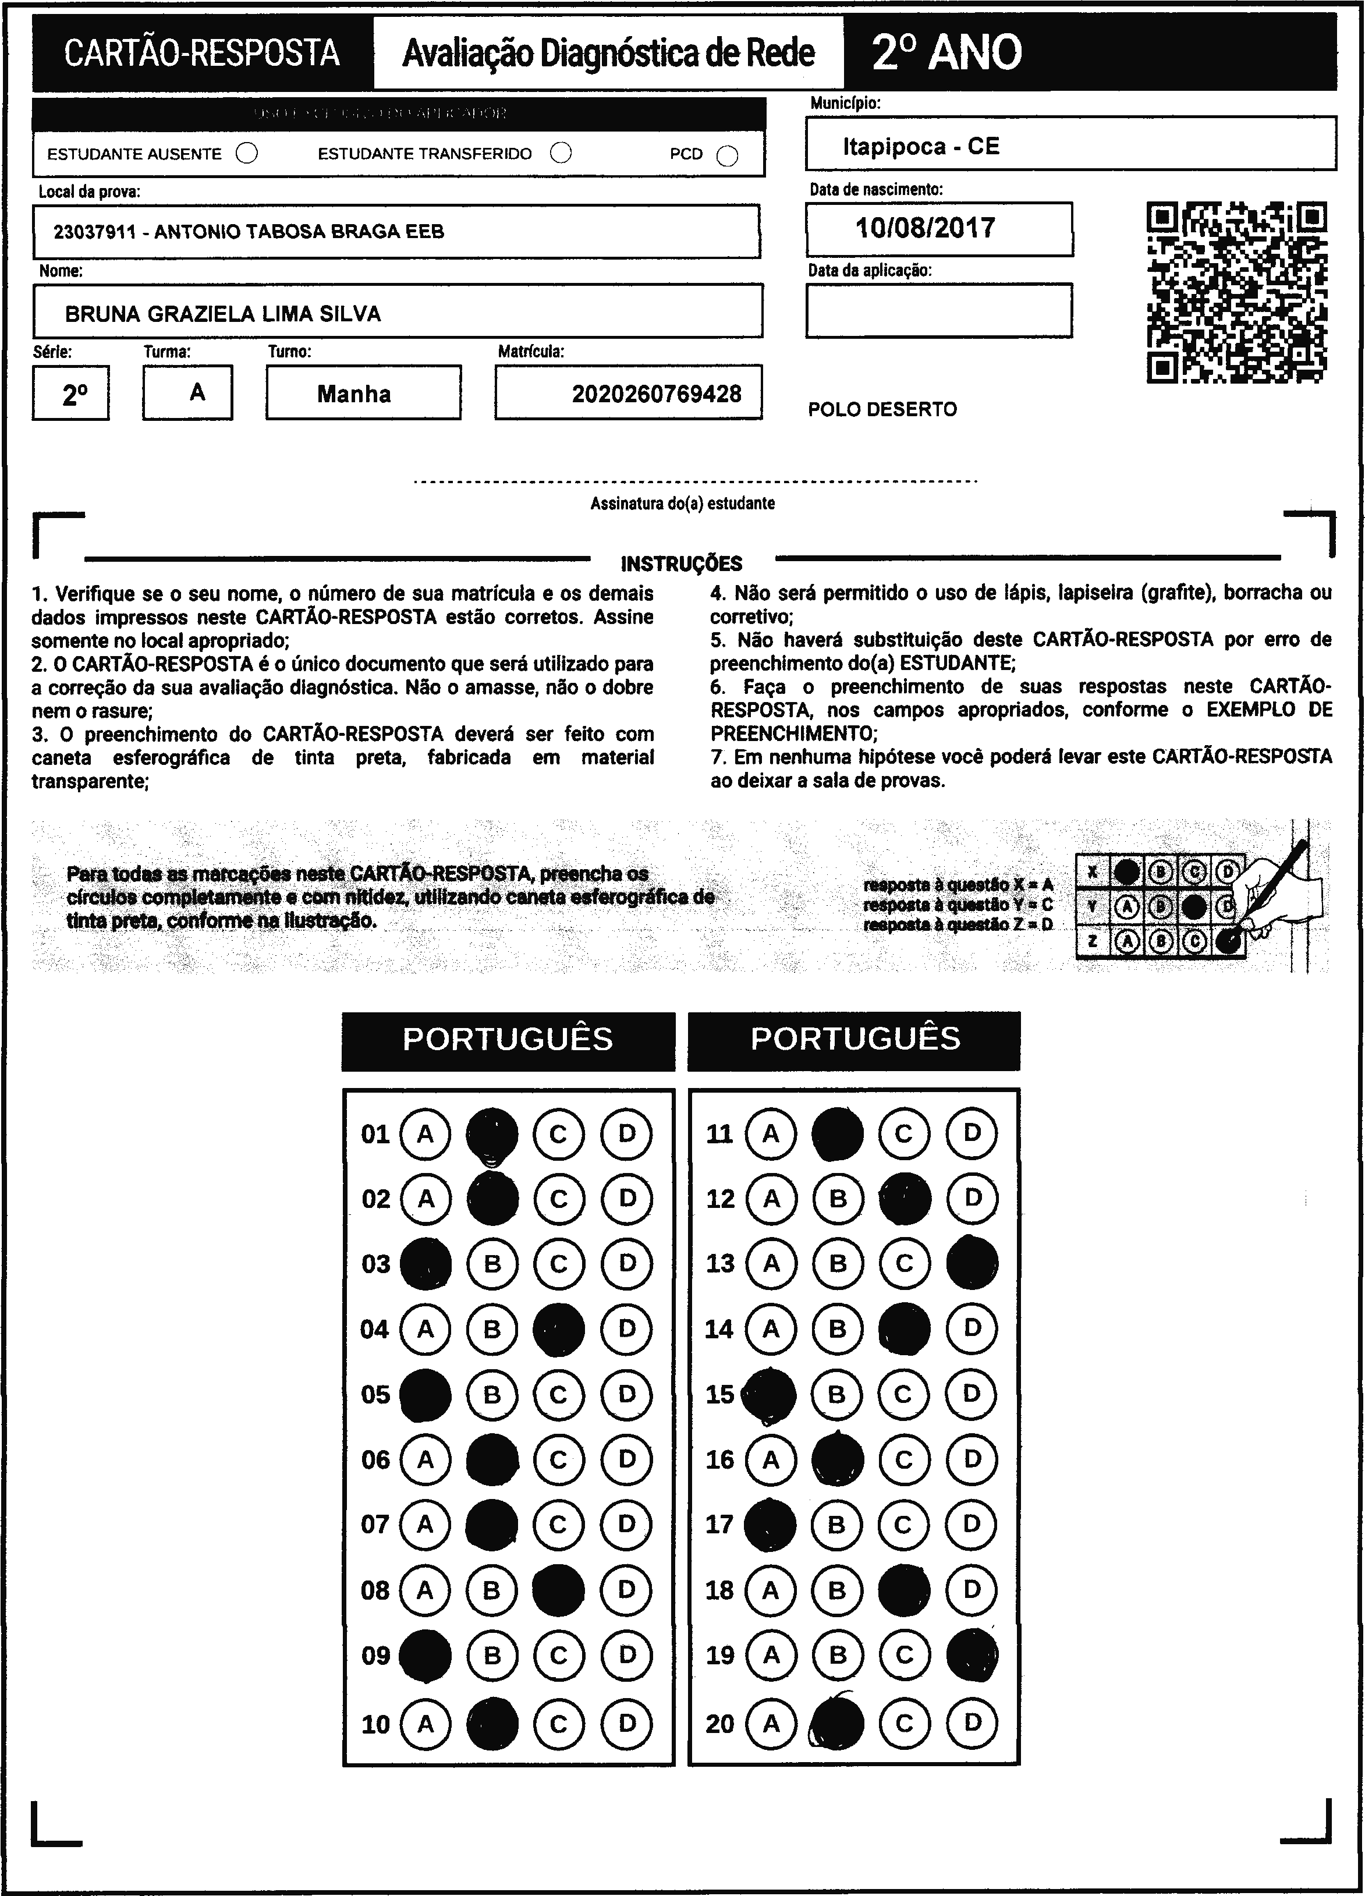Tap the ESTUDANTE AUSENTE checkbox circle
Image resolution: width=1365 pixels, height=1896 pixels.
247,154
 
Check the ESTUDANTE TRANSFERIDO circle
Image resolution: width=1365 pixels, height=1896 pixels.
561,153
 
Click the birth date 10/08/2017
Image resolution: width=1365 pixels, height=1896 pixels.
926,228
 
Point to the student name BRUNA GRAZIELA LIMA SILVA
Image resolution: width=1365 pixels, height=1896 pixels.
222,314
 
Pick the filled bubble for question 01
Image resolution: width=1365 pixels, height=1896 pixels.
492,1135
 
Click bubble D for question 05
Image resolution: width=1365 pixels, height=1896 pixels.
626,1394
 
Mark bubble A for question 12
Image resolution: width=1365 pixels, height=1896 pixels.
771,1199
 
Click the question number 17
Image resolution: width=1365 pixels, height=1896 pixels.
719,1524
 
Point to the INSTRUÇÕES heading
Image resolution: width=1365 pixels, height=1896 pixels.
681,564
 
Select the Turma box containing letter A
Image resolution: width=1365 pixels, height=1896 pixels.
188,392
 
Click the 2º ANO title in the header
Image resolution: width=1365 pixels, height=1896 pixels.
946,52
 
